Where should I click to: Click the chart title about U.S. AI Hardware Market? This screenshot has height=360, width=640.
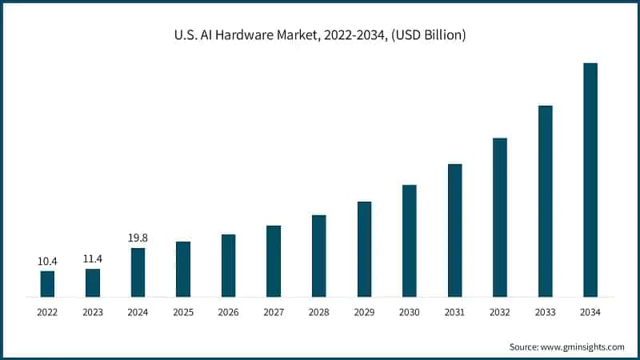coord(319,35)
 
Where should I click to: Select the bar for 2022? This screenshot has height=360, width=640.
coord(47,284)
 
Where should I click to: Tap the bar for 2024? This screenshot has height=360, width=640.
coord(138,273)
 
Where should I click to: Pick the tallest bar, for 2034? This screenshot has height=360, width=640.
coord(590,180)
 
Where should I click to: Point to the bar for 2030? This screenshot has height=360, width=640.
coord(409,241)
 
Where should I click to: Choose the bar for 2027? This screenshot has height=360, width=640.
coord(274,262)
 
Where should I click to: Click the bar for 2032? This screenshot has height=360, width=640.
coord(500,218)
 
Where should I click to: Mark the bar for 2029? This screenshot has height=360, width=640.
coord(364,250)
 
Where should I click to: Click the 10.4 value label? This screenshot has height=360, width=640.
coord(47,261)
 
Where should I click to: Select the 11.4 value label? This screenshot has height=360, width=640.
coord(93,259)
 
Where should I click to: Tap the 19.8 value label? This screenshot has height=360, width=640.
coord(138,238)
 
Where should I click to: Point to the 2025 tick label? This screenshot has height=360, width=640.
coord(183,312)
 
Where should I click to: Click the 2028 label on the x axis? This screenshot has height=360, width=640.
coord(318,312)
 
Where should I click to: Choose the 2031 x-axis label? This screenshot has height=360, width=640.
coord(454,312)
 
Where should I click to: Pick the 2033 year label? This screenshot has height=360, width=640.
coord(545,312)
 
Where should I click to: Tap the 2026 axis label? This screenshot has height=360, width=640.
coord(228,312)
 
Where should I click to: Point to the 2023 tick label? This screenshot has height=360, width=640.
coord(93,312)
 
